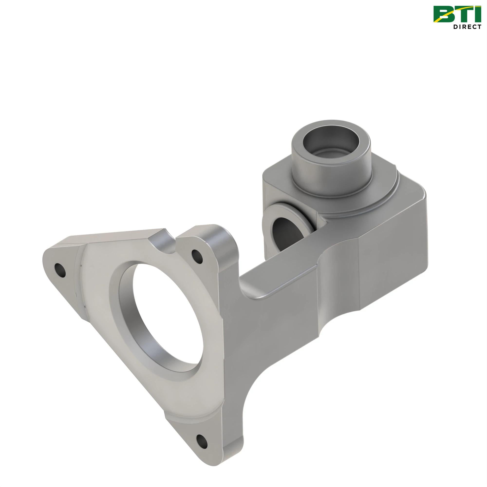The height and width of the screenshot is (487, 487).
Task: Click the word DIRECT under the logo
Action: click(468, 27)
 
